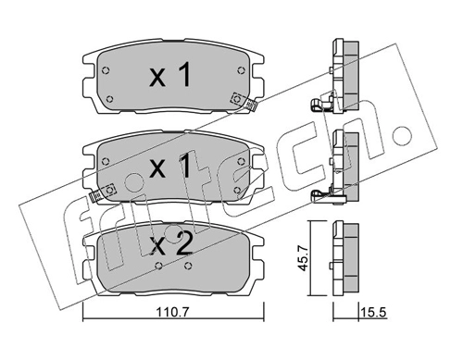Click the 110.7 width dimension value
click(x=172, y=313)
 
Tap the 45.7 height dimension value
click(x=304, y=257)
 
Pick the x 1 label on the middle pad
click(x=170, y=166)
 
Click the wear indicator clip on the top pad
click(x=244, y=102)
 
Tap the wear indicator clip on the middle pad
click(x=103, y=192)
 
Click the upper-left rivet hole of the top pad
click(x=106, y=70)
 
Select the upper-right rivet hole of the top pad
click(x=241, y=70)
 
